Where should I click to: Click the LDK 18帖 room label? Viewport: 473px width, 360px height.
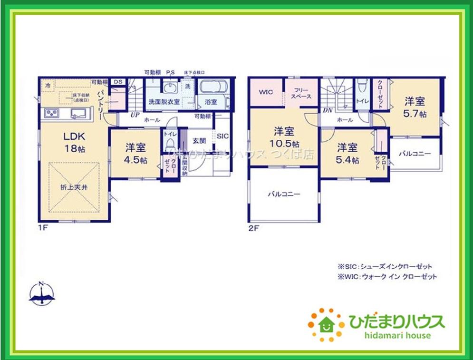75,142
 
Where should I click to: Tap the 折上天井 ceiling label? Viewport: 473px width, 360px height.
74,187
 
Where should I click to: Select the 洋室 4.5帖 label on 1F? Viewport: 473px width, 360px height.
135,153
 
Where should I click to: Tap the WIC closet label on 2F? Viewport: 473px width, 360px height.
266,92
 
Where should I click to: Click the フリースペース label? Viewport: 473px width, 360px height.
302,93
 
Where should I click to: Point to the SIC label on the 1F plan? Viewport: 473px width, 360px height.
222,136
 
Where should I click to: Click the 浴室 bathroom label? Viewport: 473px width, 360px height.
211,101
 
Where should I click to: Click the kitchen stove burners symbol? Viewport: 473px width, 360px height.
51,113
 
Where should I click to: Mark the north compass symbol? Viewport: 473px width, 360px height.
42,293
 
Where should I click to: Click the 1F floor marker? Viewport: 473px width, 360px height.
43,228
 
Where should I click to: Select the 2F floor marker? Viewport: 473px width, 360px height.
254,228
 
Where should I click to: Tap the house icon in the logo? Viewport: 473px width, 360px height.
326,325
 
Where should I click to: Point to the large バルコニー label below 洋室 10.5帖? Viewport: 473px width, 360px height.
284,194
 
